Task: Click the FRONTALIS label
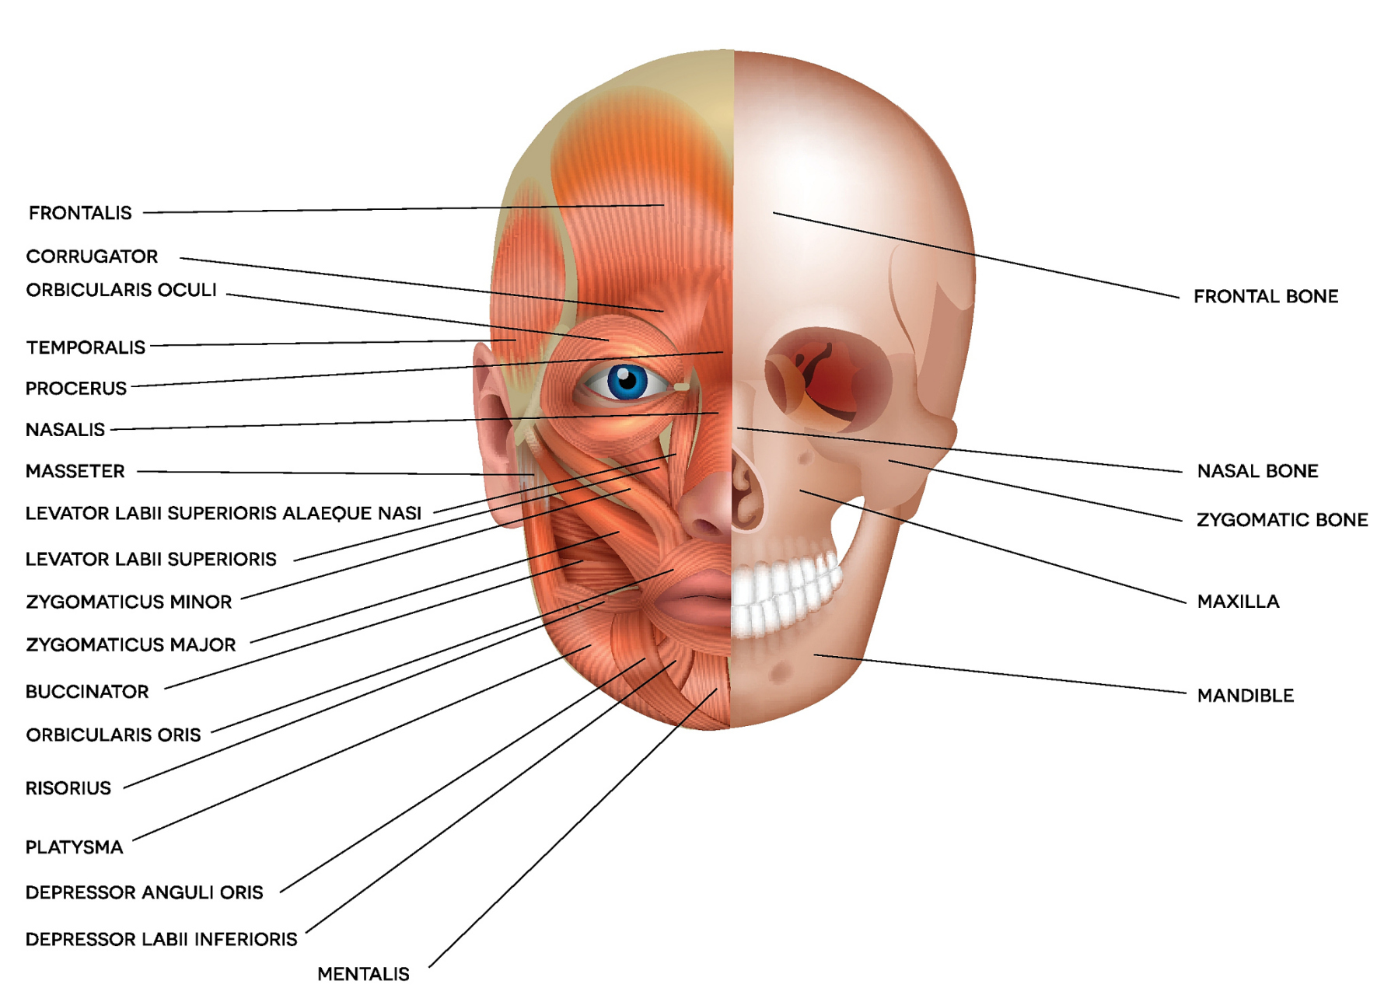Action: tap(80, 213)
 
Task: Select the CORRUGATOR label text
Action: tap(92, 257)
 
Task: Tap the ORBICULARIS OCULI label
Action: tap(121, 290)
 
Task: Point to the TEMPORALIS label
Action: tap(86, 347)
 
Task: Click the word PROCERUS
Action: tap(76, 389)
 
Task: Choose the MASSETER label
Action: tap(75, 471)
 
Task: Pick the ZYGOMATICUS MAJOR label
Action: tap(131, 645)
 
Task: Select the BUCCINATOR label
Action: tap(87, 692)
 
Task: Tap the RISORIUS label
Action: tap(68, 788)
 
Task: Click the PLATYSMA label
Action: tap(74, 847)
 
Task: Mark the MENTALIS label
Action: tap(363, 974)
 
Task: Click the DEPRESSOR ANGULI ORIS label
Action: tap(144, 892)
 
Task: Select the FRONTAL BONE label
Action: tap(1266, 296)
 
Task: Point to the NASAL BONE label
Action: tap(1257, 471)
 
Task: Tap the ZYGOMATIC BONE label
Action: tap(1282, 520)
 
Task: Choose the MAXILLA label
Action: tap(1238, 602)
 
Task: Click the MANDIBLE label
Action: tap(1246, 696)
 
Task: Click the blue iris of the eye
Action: tap(627, 382)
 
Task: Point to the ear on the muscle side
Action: tap(494, 435)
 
